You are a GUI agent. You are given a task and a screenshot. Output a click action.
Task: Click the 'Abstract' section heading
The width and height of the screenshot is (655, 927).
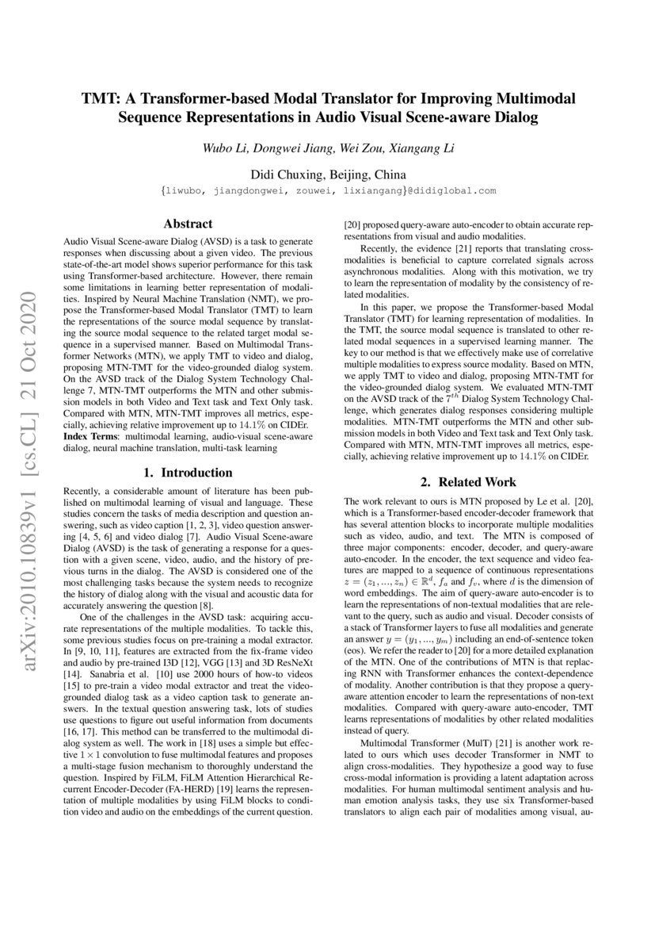tap(188, 224)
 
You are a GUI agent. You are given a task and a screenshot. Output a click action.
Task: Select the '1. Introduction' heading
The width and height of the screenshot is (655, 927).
tap(188, 473)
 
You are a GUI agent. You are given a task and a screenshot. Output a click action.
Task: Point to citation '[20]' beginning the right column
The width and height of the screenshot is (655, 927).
tap(351, 224)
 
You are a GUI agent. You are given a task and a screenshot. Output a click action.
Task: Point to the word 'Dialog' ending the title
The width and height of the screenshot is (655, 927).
tap(517, 119)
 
